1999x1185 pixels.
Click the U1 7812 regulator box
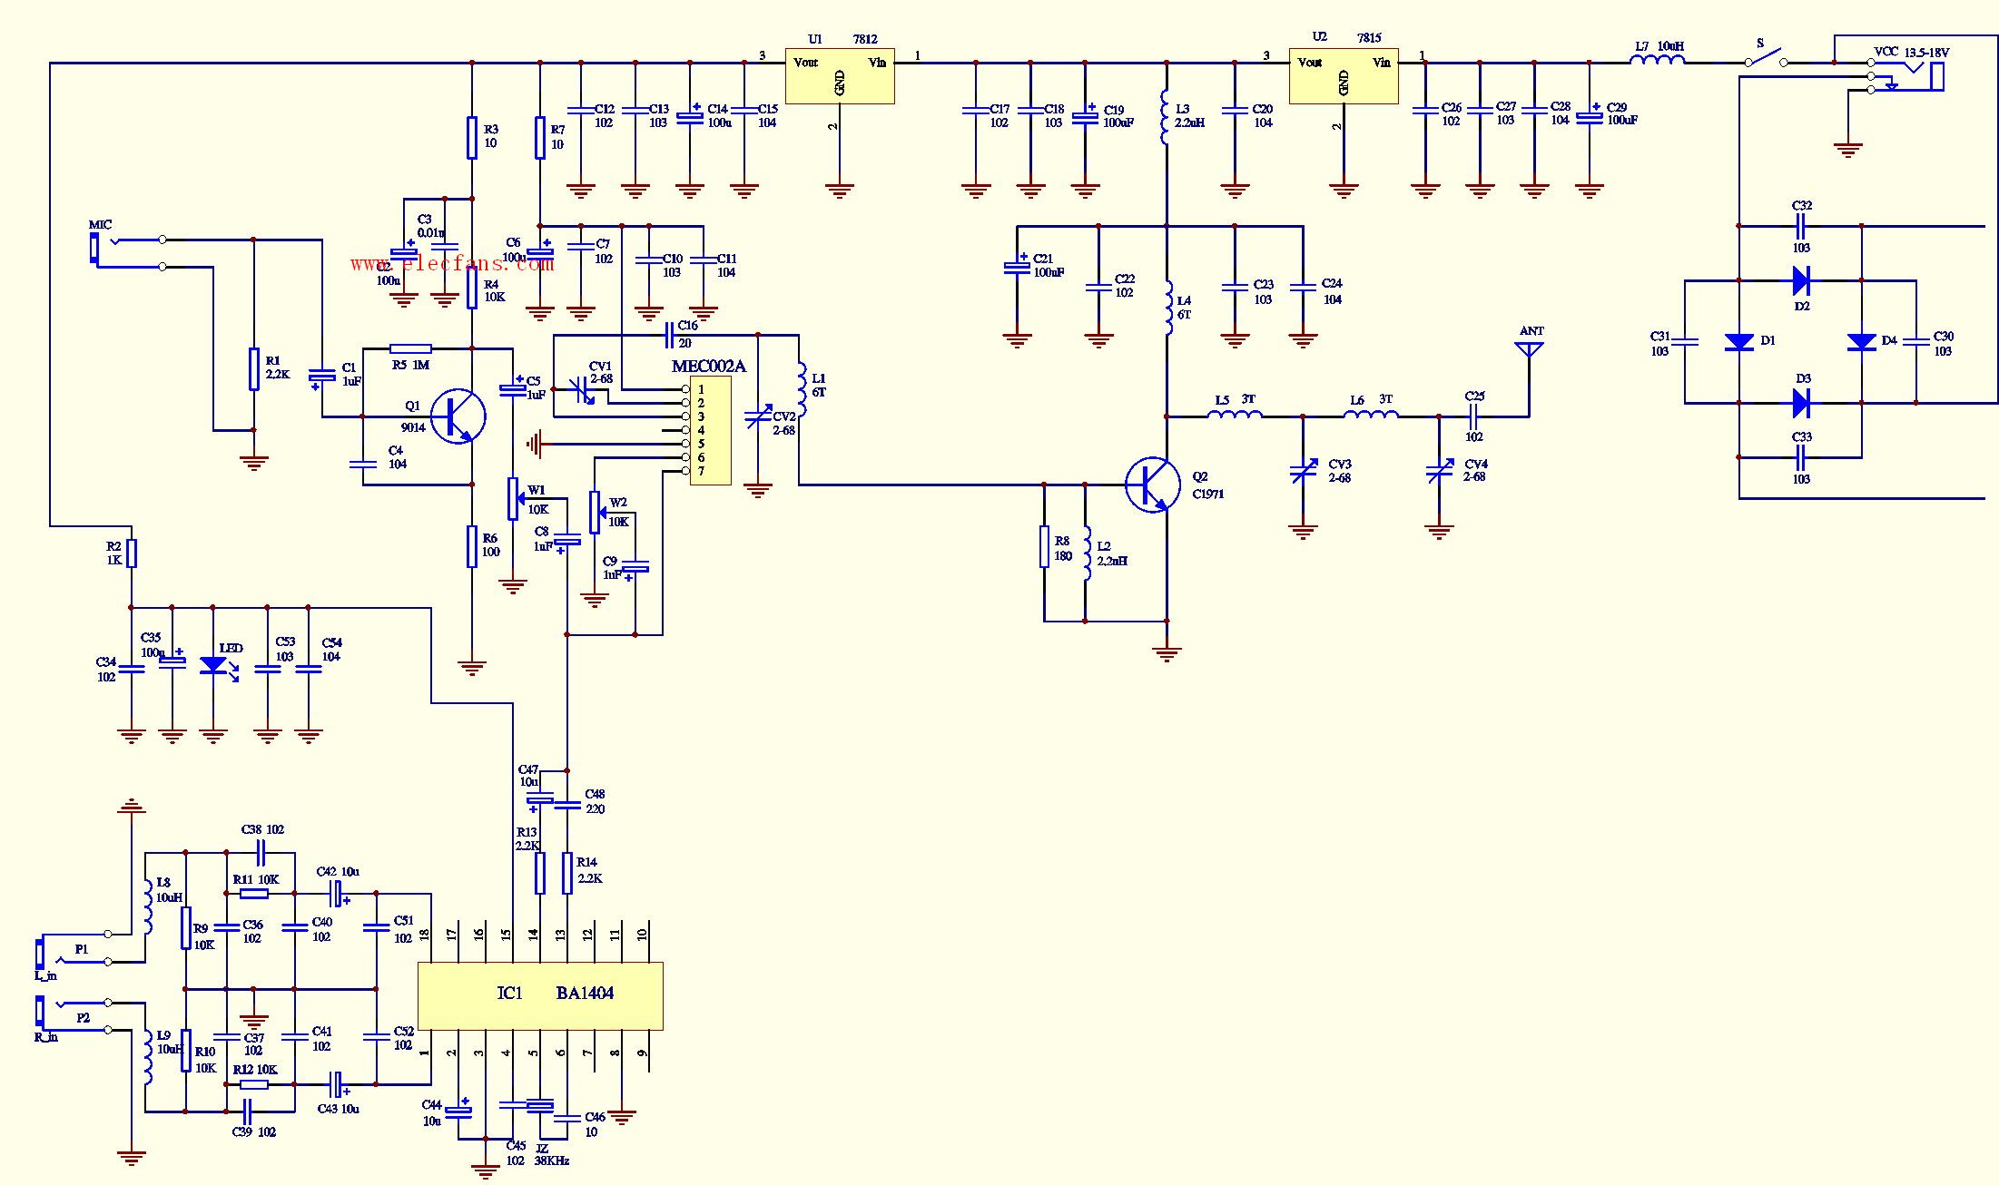click(x=840, y=75)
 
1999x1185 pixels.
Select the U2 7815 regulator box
click(x=1344, y=75)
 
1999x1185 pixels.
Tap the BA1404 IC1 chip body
click(x=540, y=995)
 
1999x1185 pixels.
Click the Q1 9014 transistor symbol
click(x=458, y=416)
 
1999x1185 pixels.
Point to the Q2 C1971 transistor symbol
click(x=1153, y=485)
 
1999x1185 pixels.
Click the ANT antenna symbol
click(x=1531, y=349)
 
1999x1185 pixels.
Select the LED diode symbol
click(x=213, y=665)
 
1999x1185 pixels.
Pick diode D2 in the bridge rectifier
click(x=1801, y=280)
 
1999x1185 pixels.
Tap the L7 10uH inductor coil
click(x=1658, y=62)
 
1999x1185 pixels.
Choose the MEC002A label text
click(x=708, y=367)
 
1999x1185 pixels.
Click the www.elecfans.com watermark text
click(x=451, y=264)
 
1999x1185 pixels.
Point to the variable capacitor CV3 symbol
click(x=1304, y=472)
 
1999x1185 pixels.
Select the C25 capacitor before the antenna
click(x=1474, y=416)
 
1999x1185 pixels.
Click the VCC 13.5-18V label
click(x=1911, y=53)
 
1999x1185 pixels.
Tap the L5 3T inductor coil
click(x=1235, y=416)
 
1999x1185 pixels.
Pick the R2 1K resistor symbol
click(x=132, y=553)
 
